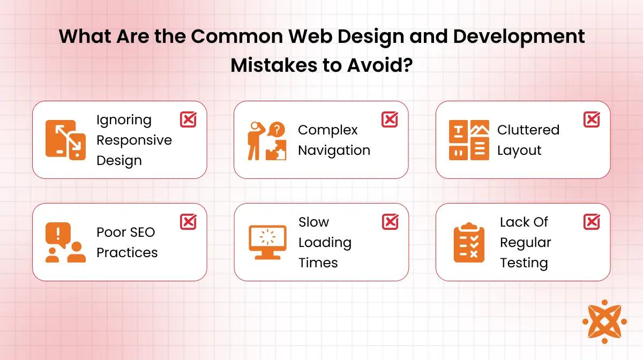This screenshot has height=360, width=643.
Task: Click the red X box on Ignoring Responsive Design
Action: (x=188, y=119)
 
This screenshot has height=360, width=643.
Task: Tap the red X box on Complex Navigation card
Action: (x=390, y=119)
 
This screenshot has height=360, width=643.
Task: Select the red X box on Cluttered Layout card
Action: (x=592, y=119)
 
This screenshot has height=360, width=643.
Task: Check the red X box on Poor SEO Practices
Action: (x=188, y=222)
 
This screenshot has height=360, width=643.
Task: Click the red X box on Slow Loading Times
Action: (x=390, y=222)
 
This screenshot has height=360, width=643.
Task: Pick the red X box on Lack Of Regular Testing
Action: (x=592, y=222)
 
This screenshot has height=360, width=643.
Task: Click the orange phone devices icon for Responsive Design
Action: (x=65, y=140)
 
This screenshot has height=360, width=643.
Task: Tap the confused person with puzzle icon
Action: (x=266, y=140)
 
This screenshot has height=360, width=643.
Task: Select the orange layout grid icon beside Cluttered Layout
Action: (x=469, y=140)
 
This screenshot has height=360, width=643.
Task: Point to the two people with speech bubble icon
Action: (x=65, y=242)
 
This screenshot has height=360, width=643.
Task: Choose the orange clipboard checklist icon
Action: (x=469, y=242)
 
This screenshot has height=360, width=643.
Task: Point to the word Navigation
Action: (x=334, y=151)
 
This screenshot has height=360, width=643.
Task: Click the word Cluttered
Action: (x=528, y=130)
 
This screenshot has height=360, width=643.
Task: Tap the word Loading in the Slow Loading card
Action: (x=325, y=243)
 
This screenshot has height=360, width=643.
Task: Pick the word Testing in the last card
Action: (x=524, y=263)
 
